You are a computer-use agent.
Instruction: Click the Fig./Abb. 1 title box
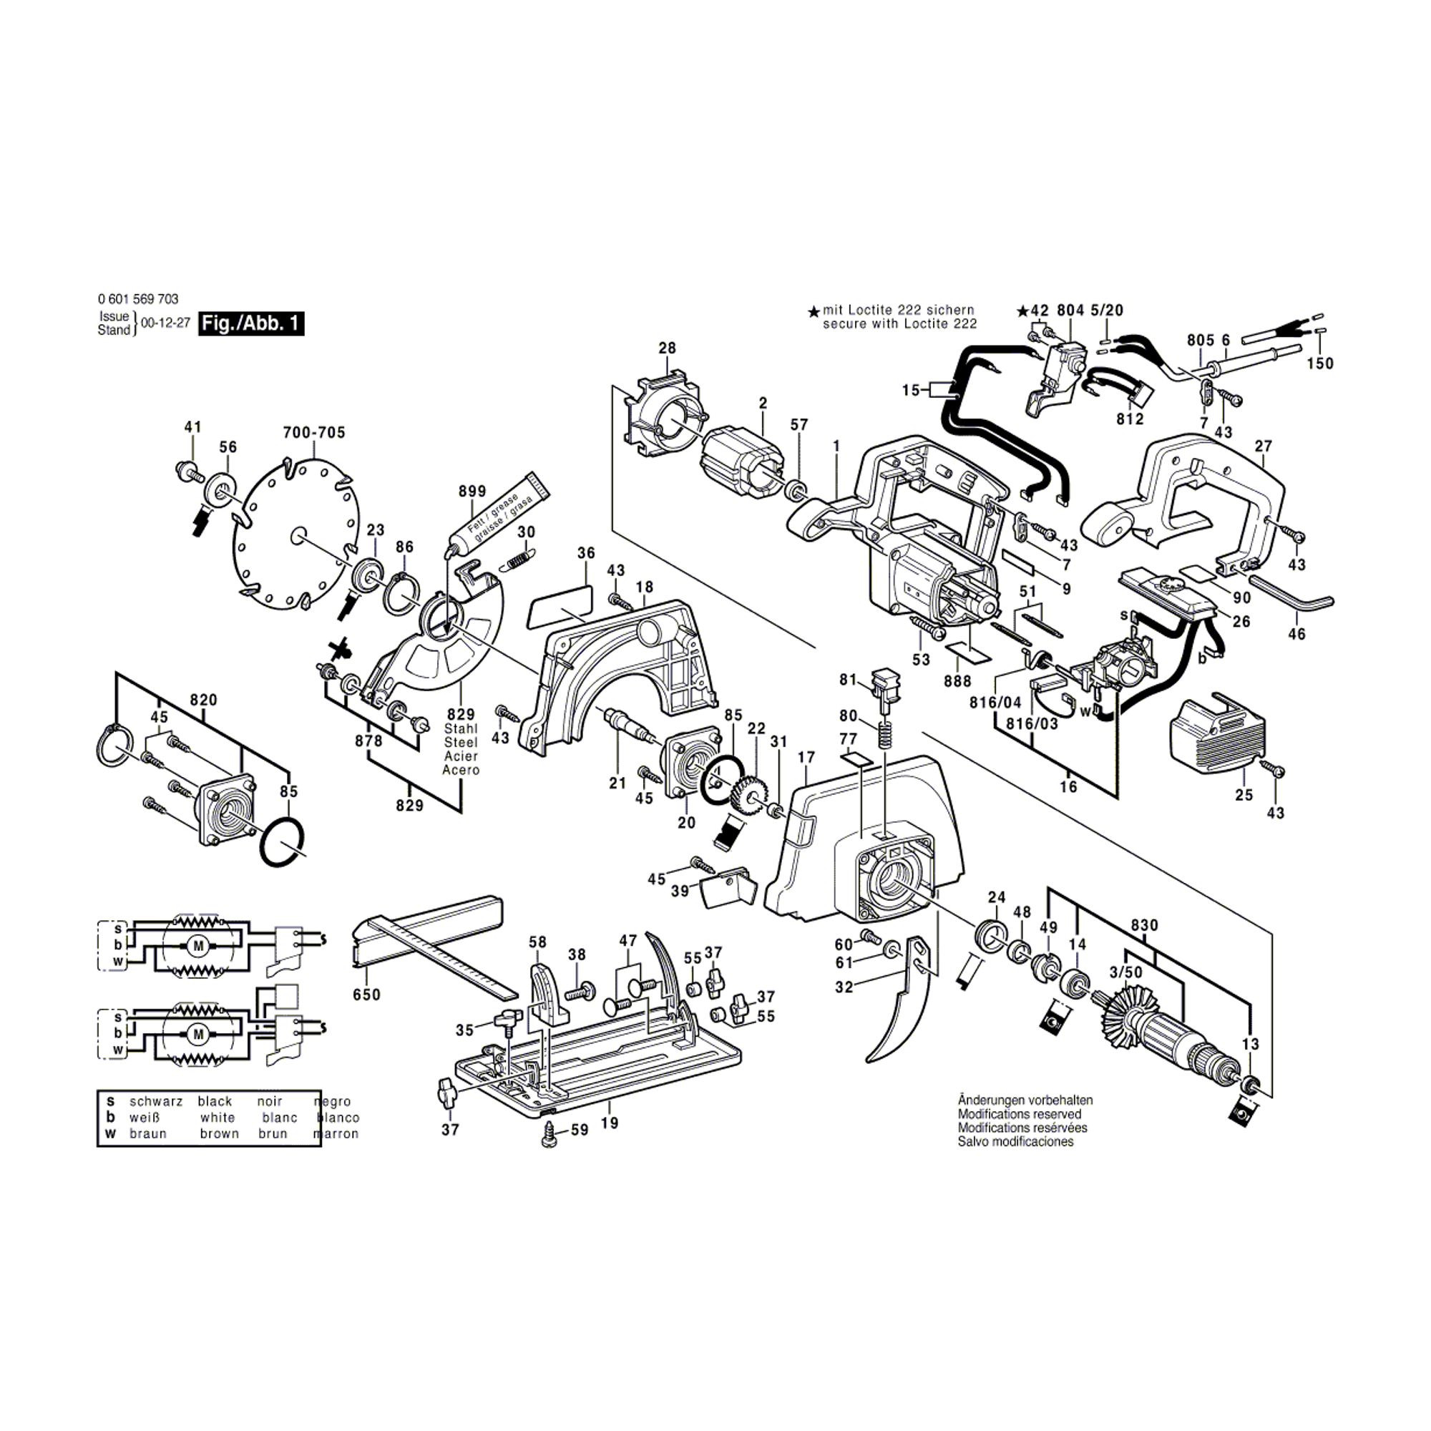pos(251,323)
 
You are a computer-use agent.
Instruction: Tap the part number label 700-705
pos(314,433)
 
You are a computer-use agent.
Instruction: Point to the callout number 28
pos(668,348)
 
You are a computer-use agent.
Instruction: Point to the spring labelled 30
pos(518,560)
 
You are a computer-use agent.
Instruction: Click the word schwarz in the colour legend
pos(155,1101)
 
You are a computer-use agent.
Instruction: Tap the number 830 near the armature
pos(1144,925)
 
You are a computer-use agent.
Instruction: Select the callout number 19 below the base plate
pos(609,1123)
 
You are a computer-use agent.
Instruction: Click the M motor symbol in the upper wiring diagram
pos(197,946)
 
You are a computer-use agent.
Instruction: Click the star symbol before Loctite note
pos(814,313)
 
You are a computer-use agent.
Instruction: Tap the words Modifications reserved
pos(1019,1114)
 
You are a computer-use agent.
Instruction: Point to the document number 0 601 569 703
pos(138,299)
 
